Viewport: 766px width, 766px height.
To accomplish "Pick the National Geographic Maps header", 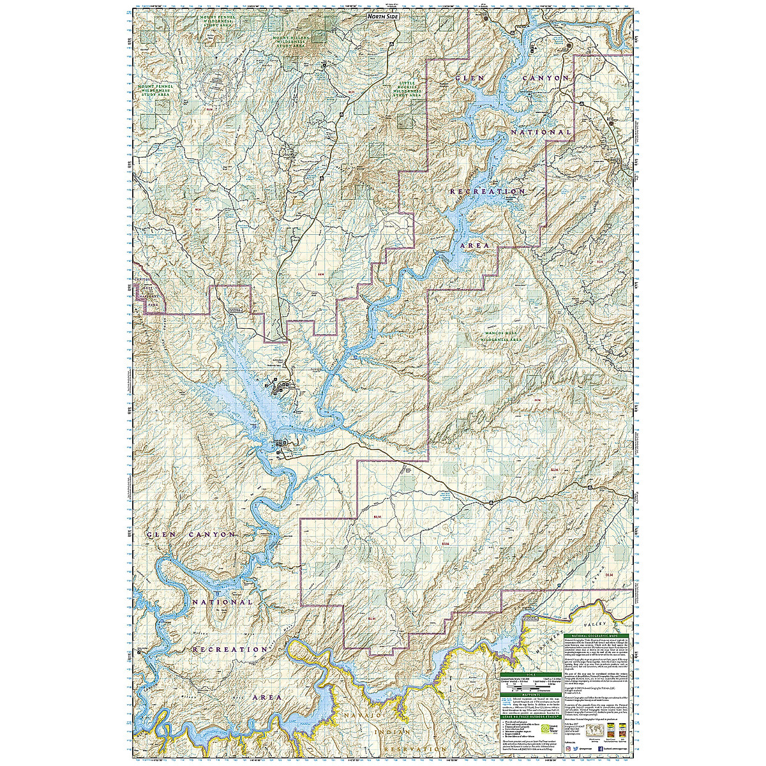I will tap(596, 636).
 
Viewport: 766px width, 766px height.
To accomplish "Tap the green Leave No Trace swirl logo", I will tap(545, 728).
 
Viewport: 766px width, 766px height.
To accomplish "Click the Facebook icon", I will tap(601, 749).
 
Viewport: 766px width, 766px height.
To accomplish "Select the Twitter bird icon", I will tap(575, 749).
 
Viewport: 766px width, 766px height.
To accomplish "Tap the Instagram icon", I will tap(568, 749).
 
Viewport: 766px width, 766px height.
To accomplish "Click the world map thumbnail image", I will tap(594, 729).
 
